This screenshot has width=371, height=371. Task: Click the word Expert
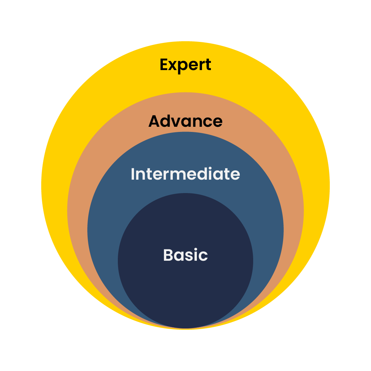tap(185, 65)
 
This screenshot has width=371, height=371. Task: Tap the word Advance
tap(185, 121)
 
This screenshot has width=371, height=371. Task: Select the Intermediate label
tap(185, 174)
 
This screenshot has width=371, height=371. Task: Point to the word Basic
tap(185, 255)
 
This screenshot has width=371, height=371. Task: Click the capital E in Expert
tap(165, 65)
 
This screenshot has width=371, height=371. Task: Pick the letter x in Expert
tap(175, 66)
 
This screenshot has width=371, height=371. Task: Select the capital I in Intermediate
tap(133, 174)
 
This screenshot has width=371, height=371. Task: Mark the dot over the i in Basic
tap(197, 249)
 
